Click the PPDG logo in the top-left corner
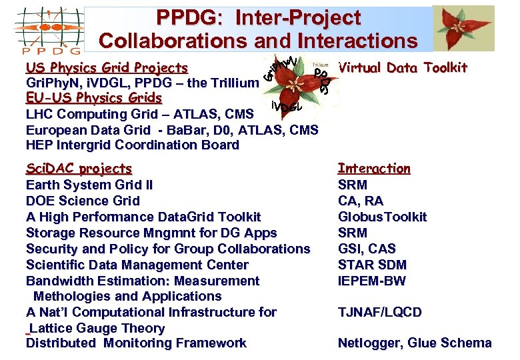tap(48, 29)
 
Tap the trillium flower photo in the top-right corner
tap(463, 28)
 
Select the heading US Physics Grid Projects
tap(107, 67)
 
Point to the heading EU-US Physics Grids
tap(93, 98)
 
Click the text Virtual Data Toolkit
tap(403, 67)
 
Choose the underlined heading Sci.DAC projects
tap(79, 169)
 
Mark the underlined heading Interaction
tap(374, 169)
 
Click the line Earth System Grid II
tap(89, 185)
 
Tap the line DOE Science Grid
tap(83, 201)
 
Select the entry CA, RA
tap(361, 201)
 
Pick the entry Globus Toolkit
tap(382, 217)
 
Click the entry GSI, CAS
tap(367, 249)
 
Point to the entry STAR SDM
tap(372, 265)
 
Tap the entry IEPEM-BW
tap(371, 281)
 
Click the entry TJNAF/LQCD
tap(379, 312)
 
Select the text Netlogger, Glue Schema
tap(414, 343)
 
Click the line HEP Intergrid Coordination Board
tap(132, 145)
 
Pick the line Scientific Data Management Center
tap(137, 265)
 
